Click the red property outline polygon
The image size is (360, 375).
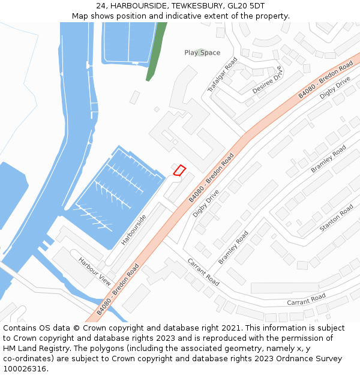coord(179,170)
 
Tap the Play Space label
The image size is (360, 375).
coord(202,53)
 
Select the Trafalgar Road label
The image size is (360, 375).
coord(223,75)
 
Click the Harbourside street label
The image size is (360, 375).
coord(133,230)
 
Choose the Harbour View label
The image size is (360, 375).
coord(95,271)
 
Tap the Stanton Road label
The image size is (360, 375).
coord(337,218)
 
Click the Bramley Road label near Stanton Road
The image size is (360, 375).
coord(328,159)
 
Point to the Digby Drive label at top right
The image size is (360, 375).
coord(335,88)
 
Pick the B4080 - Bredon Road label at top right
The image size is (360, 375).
coord(326,80)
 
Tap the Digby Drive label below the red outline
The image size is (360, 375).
coord(206,204)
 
